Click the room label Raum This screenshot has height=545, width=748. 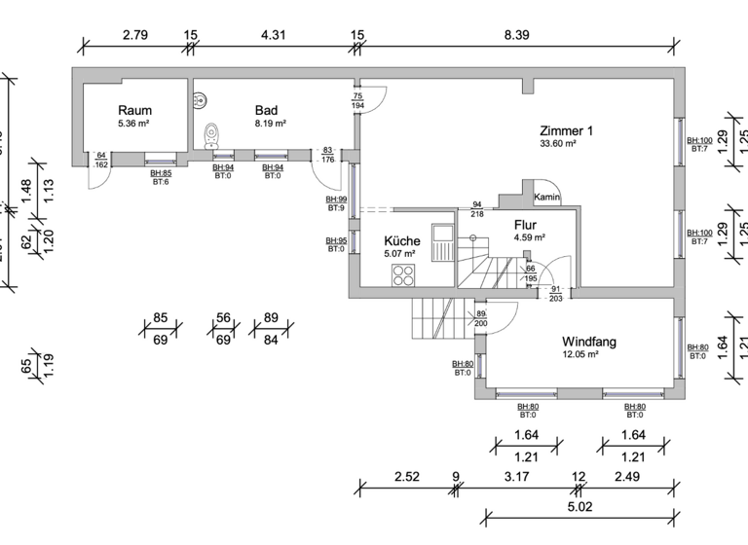click(134, 110)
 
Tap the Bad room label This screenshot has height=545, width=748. click(267, 110)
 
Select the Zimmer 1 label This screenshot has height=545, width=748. click(567, 130)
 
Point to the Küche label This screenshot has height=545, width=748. click(402, 241)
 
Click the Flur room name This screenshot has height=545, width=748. click(526, 224)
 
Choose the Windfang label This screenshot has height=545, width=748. click(589, 342)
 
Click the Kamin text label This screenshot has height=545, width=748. click(546, 199)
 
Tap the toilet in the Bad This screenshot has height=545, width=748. click(211, 135)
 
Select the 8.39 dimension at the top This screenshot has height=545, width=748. click(516, 35)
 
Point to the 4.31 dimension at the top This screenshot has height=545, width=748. click(274, 35)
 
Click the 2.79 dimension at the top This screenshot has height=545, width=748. click(135, 35)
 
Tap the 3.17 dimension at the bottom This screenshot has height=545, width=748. click(517, 477)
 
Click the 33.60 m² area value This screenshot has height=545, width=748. click(561, 144)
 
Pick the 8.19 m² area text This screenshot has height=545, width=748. click(270, 124)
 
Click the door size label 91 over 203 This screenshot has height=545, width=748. click(556, 294)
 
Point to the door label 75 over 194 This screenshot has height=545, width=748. click(357, 101)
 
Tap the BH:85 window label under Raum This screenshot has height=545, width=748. click(161, 173)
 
